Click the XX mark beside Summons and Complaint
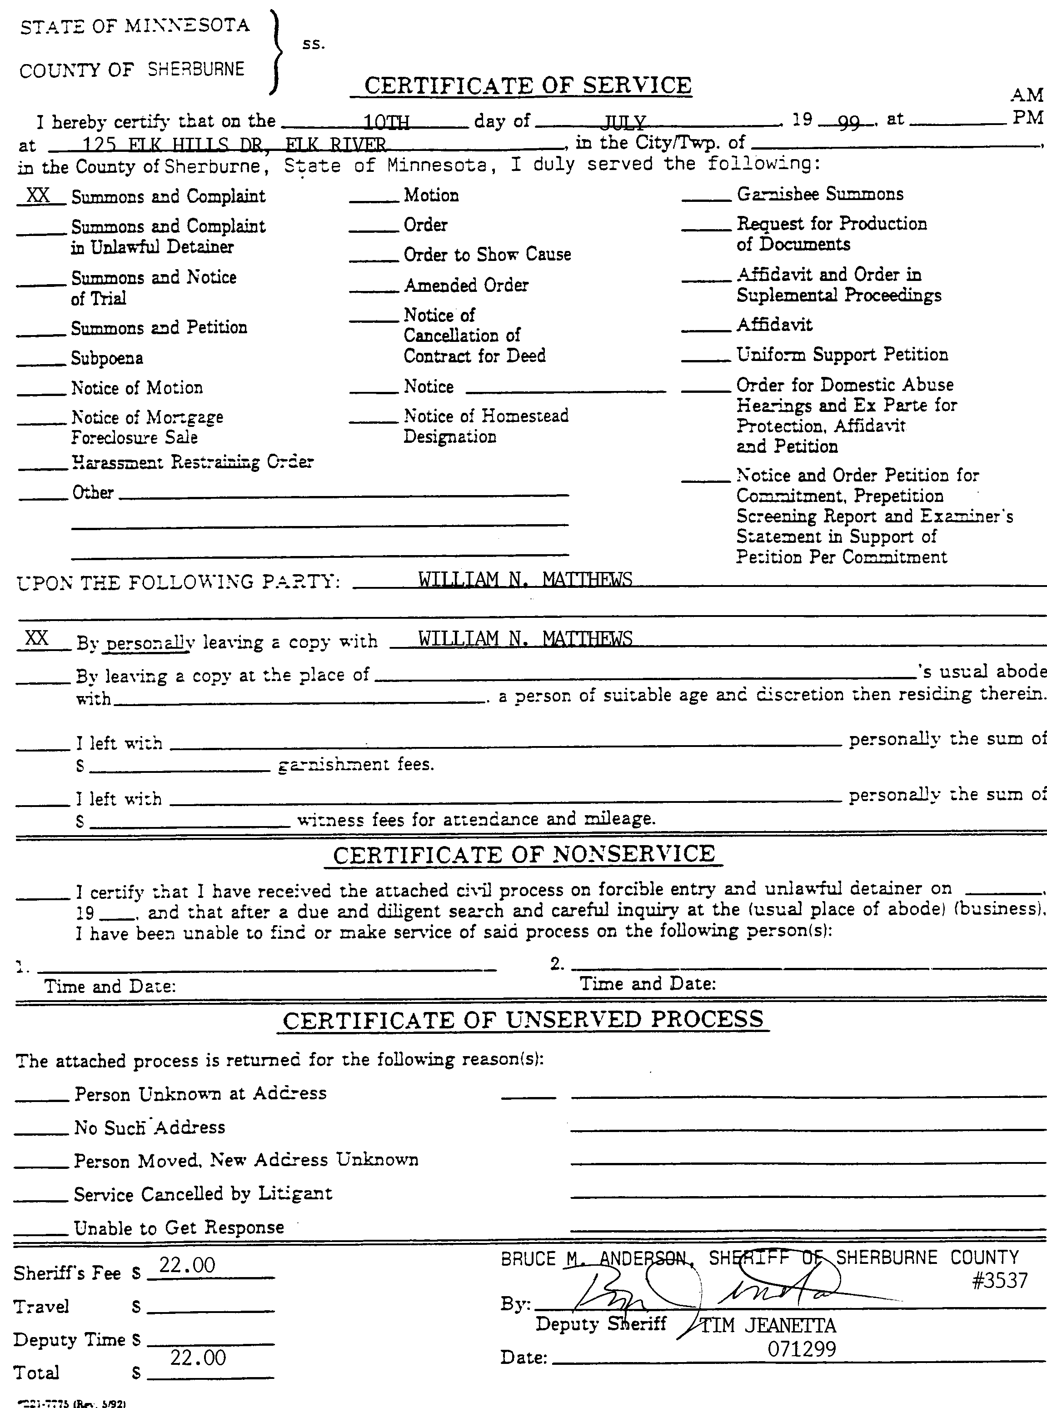pos(38,195)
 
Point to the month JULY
pos(624,122)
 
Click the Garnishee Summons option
pos(819,194)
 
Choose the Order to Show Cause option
pos(487,254)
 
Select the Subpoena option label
pos(106,358)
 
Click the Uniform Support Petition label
pos(842,354)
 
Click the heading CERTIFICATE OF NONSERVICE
pos(523,855)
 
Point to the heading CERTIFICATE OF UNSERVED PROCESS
pos(523,1020)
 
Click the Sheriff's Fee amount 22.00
pos(187,1265)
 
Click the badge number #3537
pos(999,1281)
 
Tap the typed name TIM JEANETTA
pos(768,1326)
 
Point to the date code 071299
pos(802,1348)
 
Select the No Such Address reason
pos(150,1127)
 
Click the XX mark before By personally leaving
pos(37,638)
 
